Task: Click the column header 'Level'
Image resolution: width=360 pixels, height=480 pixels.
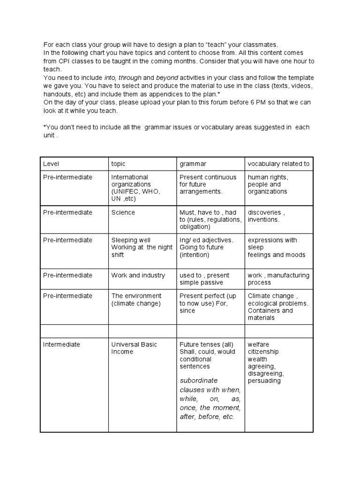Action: tap(51, 164)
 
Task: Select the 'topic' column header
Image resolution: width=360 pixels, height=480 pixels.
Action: tap(118, 164)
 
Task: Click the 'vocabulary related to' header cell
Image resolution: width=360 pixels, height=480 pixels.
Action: tap(278, 164)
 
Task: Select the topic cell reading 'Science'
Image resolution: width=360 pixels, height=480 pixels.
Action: tap(123, 212)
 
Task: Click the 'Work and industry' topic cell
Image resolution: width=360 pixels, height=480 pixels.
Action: tap(138, 275)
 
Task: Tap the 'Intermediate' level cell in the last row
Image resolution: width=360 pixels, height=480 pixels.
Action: tap(61, 345)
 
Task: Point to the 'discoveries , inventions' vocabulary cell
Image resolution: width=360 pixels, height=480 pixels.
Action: tap(265, 216)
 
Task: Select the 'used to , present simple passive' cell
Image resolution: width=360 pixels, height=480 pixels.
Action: tap(204, 279)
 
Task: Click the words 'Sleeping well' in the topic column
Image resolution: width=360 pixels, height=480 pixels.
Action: tap(131, 240)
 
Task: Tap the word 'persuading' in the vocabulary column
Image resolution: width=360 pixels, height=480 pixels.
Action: tap(264, 381)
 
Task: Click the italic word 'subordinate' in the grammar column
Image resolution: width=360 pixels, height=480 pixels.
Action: tap(199, 380)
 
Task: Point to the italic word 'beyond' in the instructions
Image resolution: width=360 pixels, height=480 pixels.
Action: tap(168, 77)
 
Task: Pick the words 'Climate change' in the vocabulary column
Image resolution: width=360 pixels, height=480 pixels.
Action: tap(271, 296)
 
